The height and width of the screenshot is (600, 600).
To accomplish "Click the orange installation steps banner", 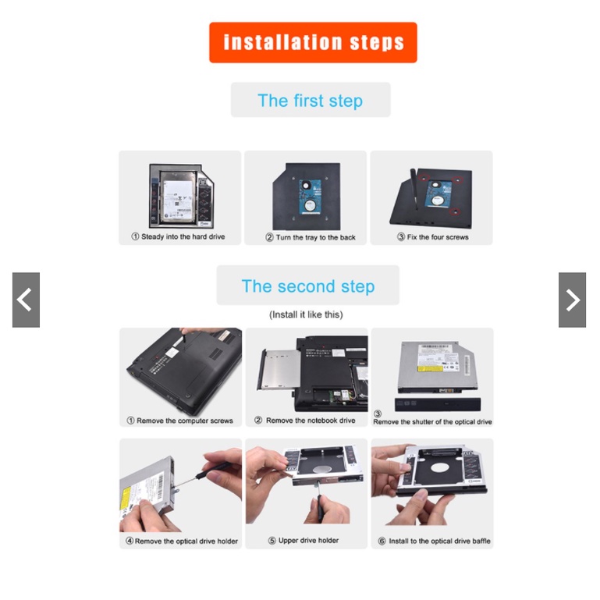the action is pos(313,42).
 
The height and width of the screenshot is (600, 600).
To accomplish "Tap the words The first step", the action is pos(311,101).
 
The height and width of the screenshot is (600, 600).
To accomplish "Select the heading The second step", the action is pos(308,286).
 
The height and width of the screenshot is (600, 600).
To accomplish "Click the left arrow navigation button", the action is pos(26,300).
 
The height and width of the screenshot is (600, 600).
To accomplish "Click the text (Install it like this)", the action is pos(306,314).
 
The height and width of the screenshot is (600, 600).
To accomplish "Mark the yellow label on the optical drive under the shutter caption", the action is pos(429,368).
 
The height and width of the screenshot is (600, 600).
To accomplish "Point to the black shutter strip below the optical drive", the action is pos(438,404).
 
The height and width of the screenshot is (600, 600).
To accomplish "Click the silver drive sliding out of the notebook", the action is pos(279,370).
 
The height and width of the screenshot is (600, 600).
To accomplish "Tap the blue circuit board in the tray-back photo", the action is pos(310,197).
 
